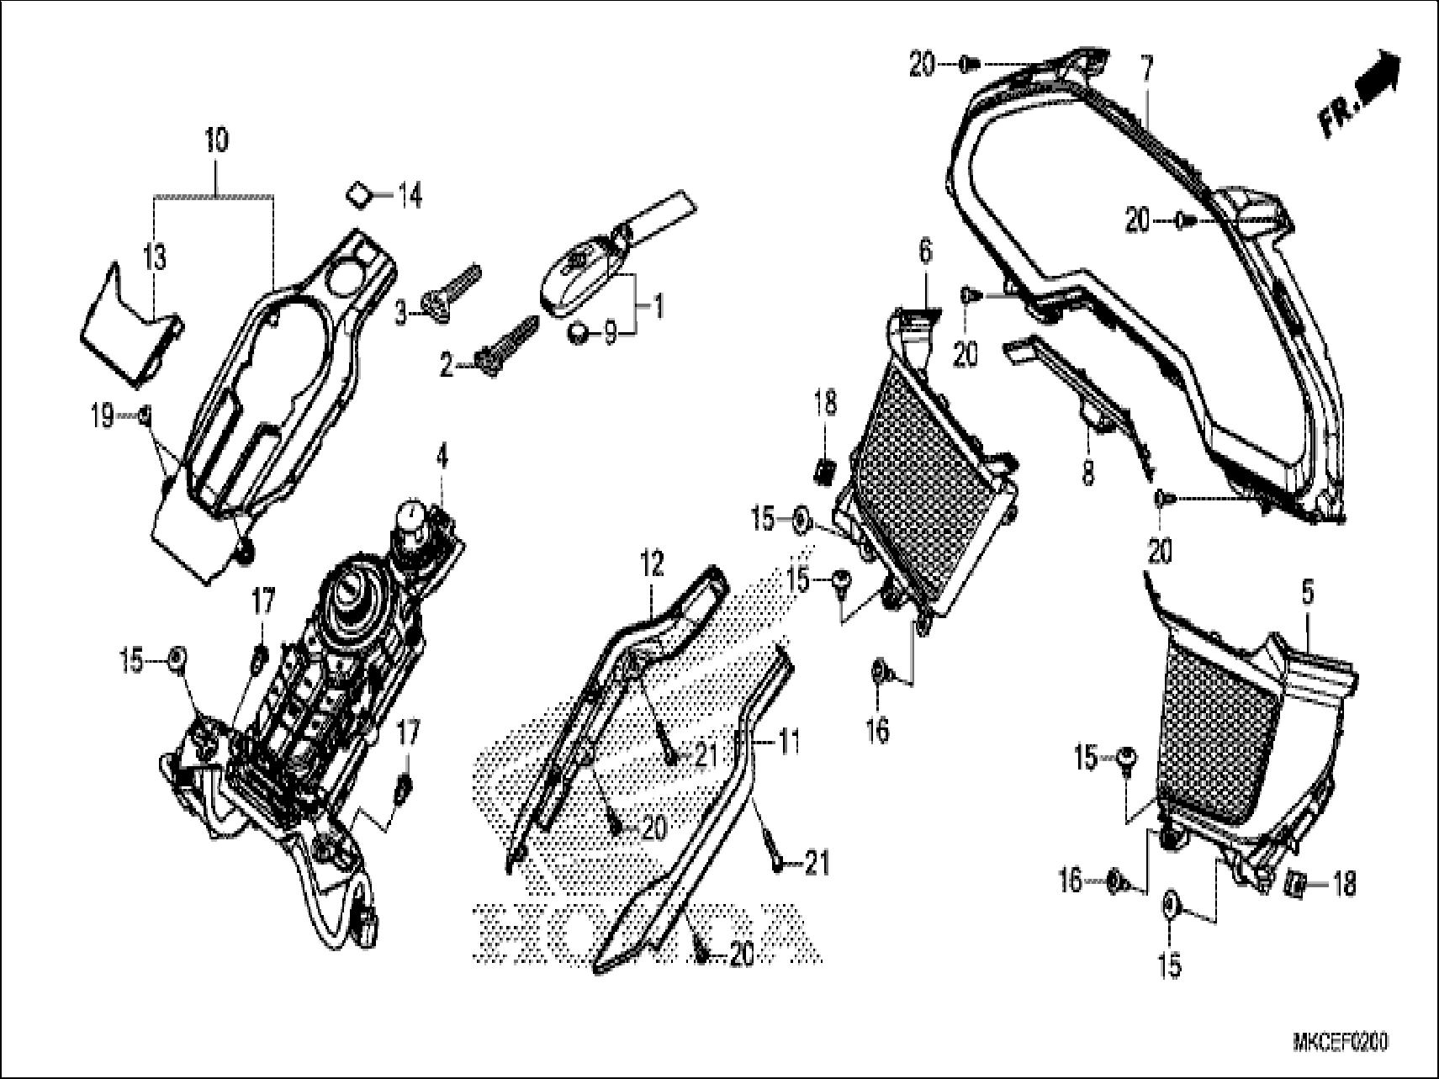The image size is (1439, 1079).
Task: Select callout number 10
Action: click(216, 140)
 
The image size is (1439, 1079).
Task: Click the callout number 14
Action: click(409, 198)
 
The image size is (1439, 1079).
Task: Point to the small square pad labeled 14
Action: click(360, 195)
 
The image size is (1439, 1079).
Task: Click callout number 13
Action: click(156, 257)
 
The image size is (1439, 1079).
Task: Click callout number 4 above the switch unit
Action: click(442, 459)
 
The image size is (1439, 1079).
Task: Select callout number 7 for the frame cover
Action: click(1148, 65)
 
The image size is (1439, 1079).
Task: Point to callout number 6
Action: click(925, 251)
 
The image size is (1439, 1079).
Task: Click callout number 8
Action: click(1087, 474)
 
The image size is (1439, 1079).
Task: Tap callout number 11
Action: click(788, 743)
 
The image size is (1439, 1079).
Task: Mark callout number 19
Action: click(103, 415)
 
